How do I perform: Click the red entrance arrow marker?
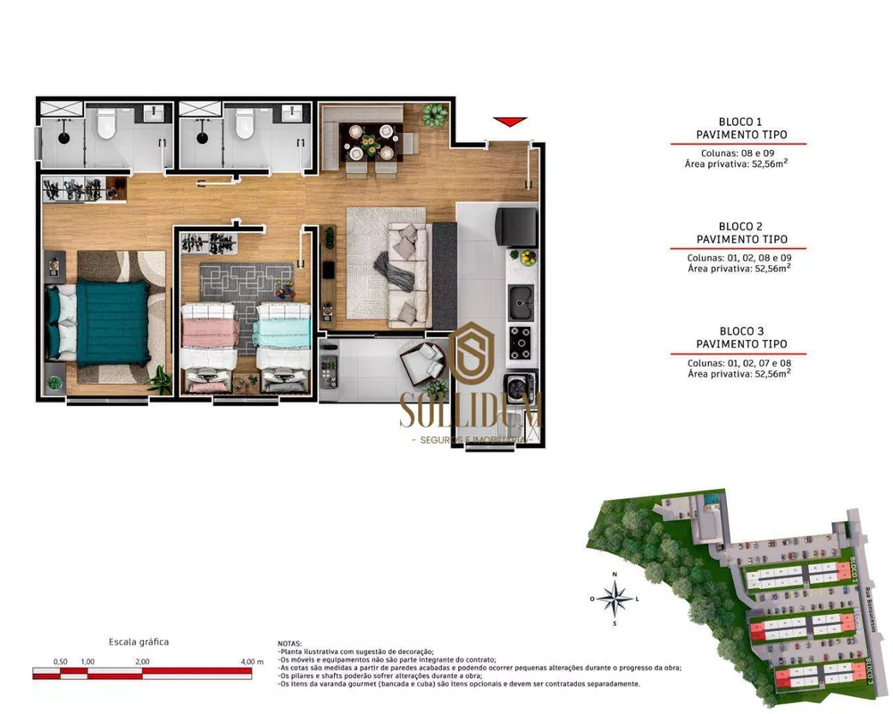(510, 122)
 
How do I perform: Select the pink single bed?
(211, 336)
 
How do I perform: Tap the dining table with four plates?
(371, 141)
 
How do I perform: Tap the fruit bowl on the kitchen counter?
(529, 258)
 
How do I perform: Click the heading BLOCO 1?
(740, 121)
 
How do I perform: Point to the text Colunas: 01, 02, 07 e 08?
(740, 363)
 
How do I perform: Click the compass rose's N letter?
(613, 574)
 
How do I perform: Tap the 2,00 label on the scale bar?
(142, 661)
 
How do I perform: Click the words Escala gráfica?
(138, 642)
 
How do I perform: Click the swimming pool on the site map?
(711, 496)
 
